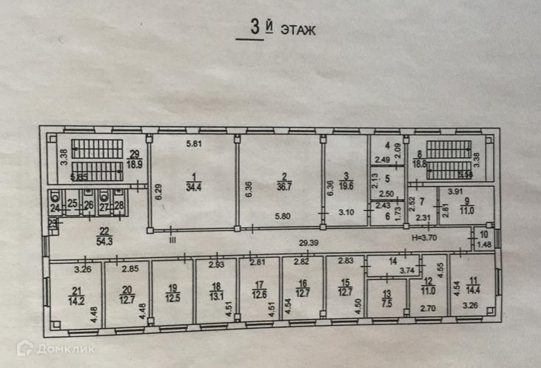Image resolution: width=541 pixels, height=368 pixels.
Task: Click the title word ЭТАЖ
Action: click(298, 30)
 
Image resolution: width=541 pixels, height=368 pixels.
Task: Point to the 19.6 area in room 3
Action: click(346, 187)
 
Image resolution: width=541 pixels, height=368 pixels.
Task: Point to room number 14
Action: click(393, 262)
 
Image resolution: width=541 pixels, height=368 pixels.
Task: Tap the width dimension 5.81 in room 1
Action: click(194, 144)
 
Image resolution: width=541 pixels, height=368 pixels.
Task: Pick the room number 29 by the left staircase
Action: click(135, 153)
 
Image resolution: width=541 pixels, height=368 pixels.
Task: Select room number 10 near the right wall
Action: click(484, 234)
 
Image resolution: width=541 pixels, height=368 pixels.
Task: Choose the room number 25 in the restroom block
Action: click(73, 203)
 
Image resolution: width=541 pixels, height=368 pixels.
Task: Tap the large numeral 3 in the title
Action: click(255, 29)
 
